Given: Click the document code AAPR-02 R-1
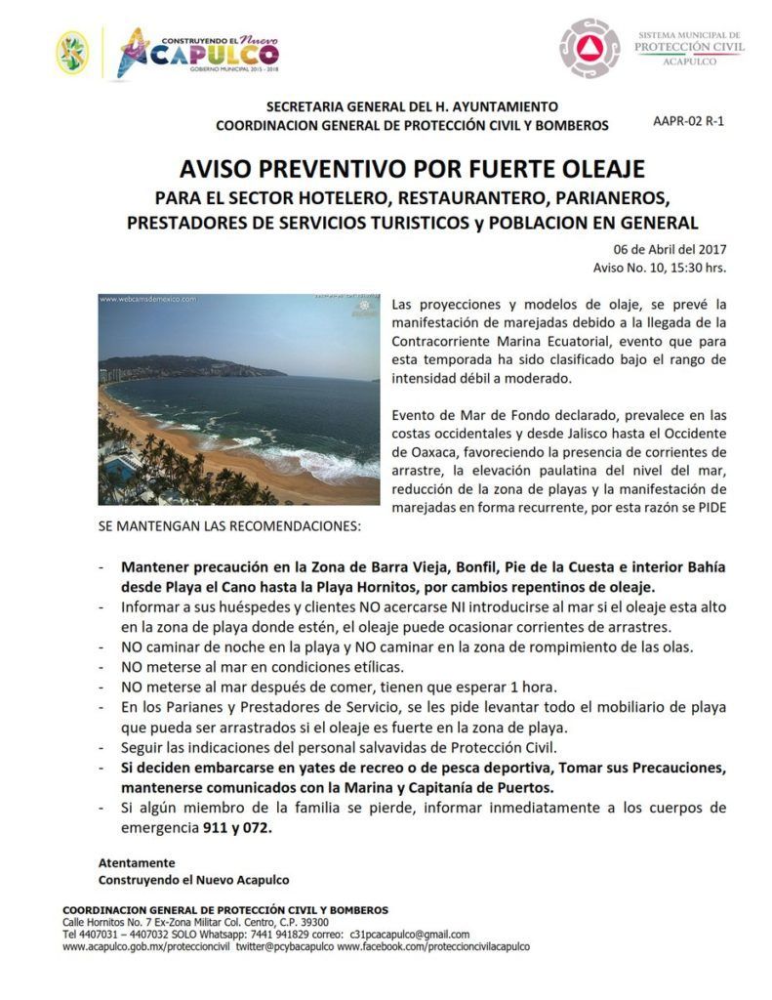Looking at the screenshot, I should (x=689, y=122).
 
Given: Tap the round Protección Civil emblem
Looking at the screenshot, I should (x=589, y=49).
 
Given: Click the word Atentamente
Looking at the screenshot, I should (x=137, y=863).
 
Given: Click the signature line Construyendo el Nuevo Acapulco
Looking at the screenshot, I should (x=193, y=880).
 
